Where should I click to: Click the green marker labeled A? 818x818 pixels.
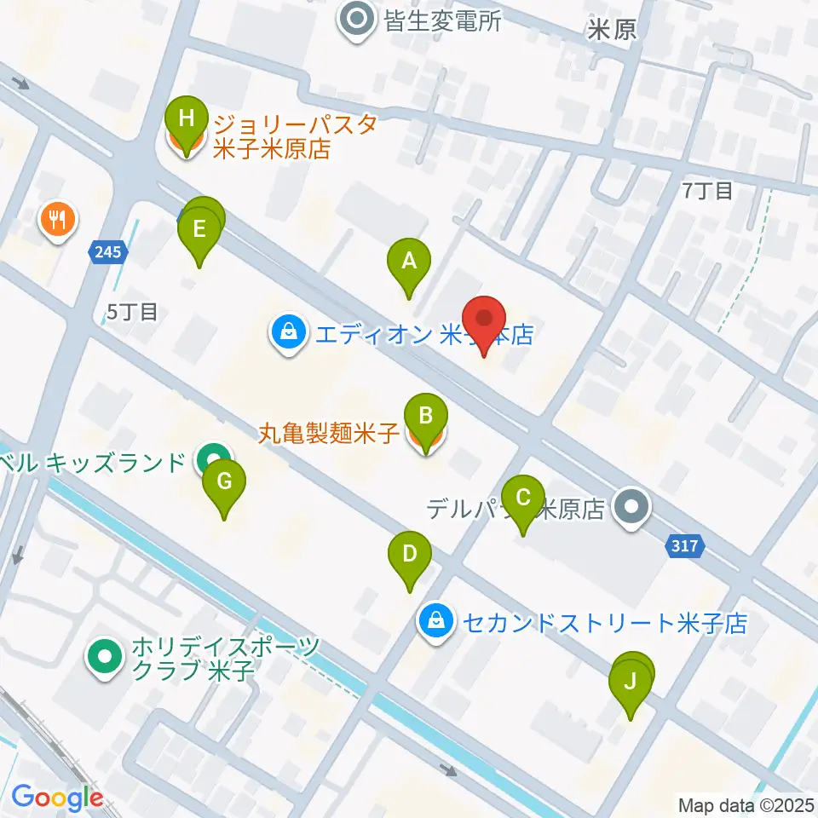coord(409,262)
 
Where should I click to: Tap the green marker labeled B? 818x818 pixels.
coord(426,418)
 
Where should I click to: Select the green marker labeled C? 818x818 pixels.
coord(523,498)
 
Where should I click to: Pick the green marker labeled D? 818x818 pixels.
coord(410,555)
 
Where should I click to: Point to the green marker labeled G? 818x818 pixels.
coord(224,483)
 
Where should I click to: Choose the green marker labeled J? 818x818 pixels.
coord(631,683)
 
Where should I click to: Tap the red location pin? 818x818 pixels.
coord(485,320)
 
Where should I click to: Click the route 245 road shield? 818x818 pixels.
coord(109,251)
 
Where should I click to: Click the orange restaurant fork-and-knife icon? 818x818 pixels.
coord(58,222)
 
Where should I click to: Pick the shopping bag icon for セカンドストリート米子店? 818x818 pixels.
coord(435,621)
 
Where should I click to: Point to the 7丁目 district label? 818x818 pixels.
coord(707,191)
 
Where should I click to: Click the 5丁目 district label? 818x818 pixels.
coord(132,312)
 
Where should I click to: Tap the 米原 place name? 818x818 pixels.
coord(612,31)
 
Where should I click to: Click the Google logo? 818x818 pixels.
coord(56,798)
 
